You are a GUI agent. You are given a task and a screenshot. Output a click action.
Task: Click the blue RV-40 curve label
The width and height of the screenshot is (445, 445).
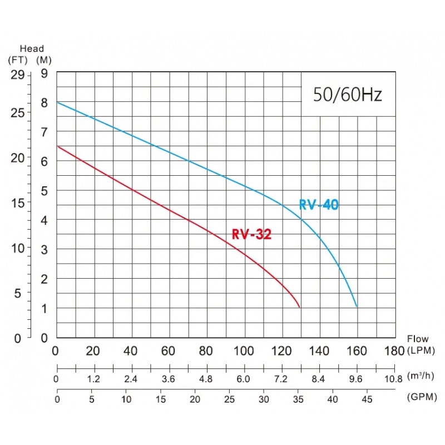(319, 205)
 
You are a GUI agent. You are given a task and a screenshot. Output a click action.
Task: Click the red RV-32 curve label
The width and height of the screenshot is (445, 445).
(251, 235)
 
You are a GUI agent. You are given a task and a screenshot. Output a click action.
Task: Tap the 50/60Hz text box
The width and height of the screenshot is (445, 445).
(347, 95)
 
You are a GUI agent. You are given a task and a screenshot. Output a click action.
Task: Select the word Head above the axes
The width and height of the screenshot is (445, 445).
(32, 49)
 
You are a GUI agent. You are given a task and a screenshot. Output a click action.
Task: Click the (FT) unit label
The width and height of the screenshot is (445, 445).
(18, 60)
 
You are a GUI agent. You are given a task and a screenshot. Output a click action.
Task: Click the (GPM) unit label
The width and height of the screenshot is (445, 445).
(421, 399)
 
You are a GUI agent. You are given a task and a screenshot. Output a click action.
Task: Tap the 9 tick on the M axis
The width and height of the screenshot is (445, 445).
(45, 74)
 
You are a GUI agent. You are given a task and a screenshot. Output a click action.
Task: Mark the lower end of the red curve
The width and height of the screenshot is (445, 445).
(300, 307)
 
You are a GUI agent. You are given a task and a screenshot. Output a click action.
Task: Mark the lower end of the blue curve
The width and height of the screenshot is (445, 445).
(357, 306)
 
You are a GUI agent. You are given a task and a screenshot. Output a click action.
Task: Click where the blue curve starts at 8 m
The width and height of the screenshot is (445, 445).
(57, 102)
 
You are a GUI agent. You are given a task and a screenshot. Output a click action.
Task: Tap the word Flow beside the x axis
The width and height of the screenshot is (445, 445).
(418, 339)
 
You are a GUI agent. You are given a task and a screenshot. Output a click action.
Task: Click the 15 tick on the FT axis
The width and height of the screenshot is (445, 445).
(18, 202)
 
